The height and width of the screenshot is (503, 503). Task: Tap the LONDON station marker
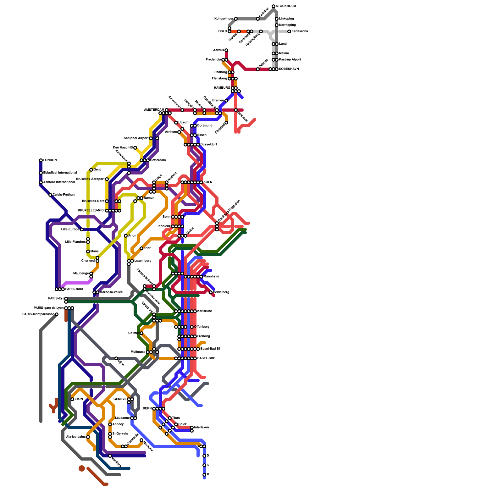tap(41, 160)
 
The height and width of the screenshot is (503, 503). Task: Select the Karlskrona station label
tap(300, 31)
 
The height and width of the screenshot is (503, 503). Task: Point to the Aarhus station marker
tap(226, 50)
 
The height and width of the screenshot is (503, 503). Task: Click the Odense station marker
tap(258, 69)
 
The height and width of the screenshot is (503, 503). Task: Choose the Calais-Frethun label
tap(64, 195)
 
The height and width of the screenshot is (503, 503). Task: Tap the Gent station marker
tap(91, 170)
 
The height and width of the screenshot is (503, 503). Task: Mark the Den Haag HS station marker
tap(135, 148)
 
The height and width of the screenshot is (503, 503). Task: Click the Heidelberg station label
tap(221, 292)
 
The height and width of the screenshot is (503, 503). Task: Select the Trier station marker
tap(141, 248)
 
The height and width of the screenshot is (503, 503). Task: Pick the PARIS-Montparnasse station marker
tap(57, 314)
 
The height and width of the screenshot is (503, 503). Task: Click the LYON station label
tap(79, 399)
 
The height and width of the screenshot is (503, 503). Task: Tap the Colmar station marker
tap(141, 333)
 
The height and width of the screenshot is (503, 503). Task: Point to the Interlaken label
tap(201, 428)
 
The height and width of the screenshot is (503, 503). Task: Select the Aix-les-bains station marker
tap(88, 437)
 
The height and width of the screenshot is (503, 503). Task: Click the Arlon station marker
tap(126, 236)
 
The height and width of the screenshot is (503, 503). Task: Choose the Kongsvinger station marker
tap(236, 19)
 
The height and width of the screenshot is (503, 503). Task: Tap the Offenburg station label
tap(202, 327)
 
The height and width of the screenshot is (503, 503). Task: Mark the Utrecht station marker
tap(176, 123)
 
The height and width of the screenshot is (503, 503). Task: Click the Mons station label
tap(94, 251)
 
